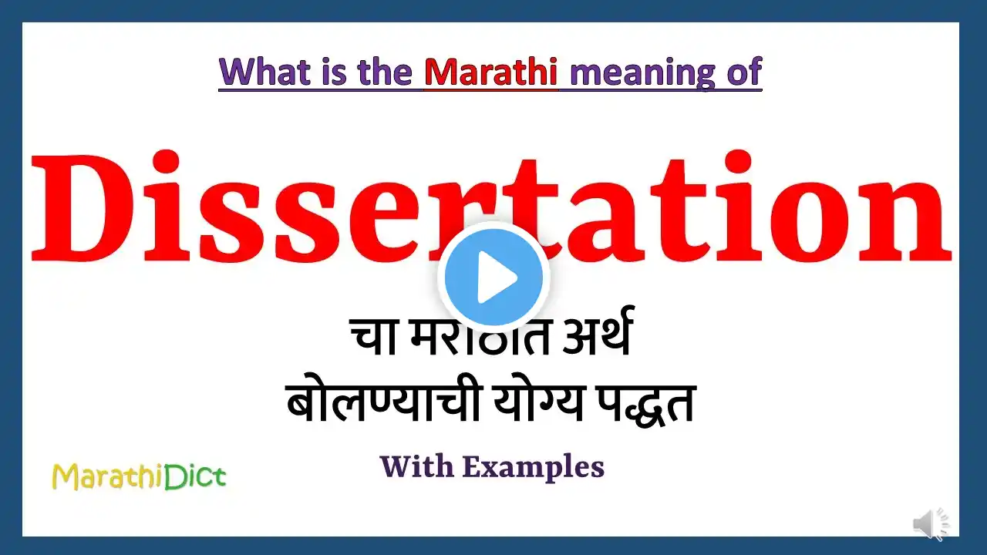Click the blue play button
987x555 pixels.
point(493,277)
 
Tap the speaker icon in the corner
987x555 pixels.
point(931,523)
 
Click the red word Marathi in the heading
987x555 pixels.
point(491,72)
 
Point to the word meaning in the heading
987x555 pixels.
point(642,73)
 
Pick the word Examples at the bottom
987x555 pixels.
point(533,468)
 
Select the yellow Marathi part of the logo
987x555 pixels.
point(108,476)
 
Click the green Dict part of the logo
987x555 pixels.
point(196,476)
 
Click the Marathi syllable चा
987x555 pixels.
point(374,337)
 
